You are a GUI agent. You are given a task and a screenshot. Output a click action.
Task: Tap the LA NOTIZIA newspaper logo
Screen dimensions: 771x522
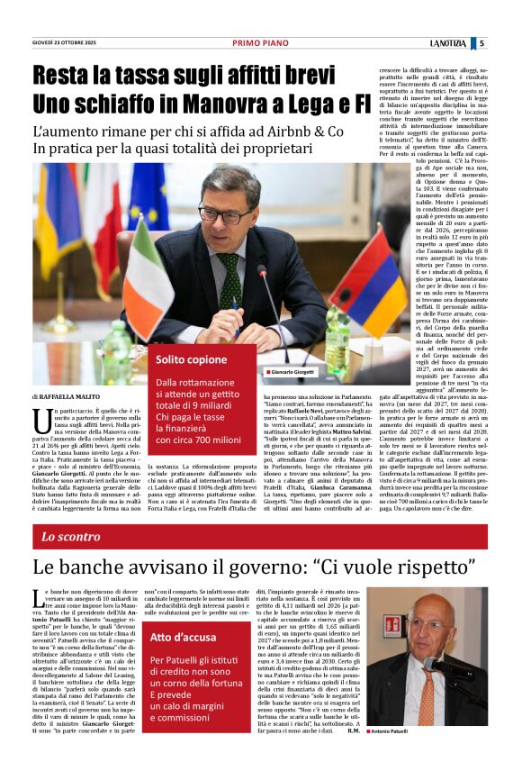click(x=448, y=42)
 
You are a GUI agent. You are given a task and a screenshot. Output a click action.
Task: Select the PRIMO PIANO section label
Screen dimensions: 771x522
click(x=260, y=42)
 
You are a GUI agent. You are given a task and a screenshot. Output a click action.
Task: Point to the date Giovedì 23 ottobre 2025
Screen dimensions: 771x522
click(x=64, y=42)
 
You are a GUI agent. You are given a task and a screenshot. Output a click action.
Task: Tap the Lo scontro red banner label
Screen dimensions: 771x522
click(x=71, y=537)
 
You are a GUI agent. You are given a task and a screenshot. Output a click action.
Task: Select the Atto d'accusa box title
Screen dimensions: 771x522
click(x=183, y=637)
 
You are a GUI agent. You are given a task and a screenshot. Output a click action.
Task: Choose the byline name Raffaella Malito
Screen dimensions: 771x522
click(x=70, y=396)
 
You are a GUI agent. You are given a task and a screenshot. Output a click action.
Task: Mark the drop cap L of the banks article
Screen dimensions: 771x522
click(x=39, y=596)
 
